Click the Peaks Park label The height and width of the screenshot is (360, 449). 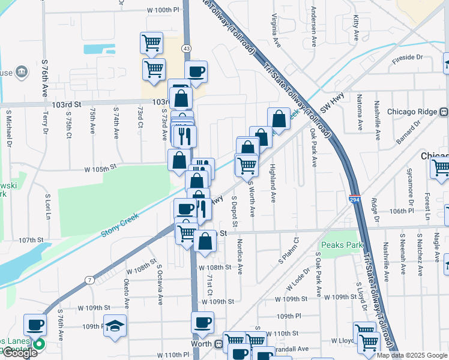(342, 245)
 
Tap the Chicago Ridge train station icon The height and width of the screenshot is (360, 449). (444, 112)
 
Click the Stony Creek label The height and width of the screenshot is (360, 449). (120, 223)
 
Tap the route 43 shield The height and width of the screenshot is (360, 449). (187, 48)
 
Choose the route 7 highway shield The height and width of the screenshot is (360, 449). (89, 280)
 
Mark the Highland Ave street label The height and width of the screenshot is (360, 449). (273, 183)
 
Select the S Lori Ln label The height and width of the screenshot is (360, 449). (47, 205)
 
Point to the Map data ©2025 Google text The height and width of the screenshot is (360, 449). (411, 355)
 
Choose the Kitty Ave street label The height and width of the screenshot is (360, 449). (356, 28)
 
